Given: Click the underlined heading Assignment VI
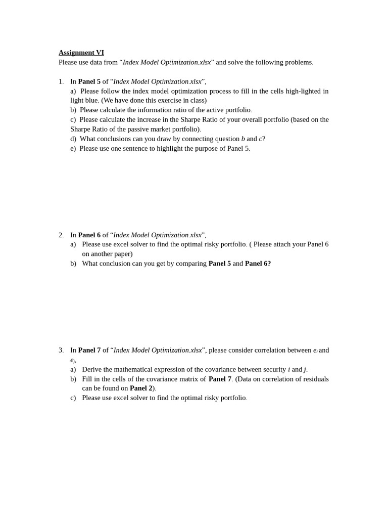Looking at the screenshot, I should (81, 53).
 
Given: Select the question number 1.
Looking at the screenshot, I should (61, 81).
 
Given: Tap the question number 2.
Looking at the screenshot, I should (61, 235).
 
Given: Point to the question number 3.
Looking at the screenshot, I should (61, 350).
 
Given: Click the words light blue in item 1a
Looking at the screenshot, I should (84, 101).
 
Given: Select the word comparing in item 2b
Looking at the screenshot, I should (188, 264).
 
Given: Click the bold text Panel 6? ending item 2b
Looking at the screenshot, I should (258, 264).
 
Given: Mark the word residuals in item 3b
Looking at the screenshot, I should (315, 379).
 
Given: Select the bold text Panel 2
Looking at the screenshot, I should (141, 388).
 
